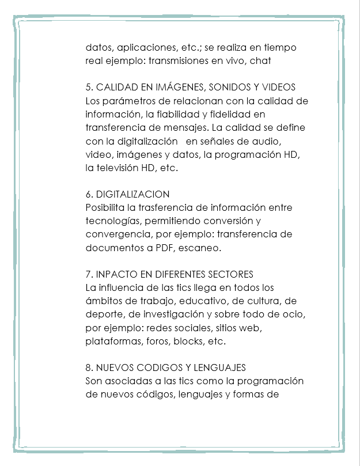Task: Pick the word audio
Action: (267, 141)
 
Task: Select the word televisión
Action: (121, 168)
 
